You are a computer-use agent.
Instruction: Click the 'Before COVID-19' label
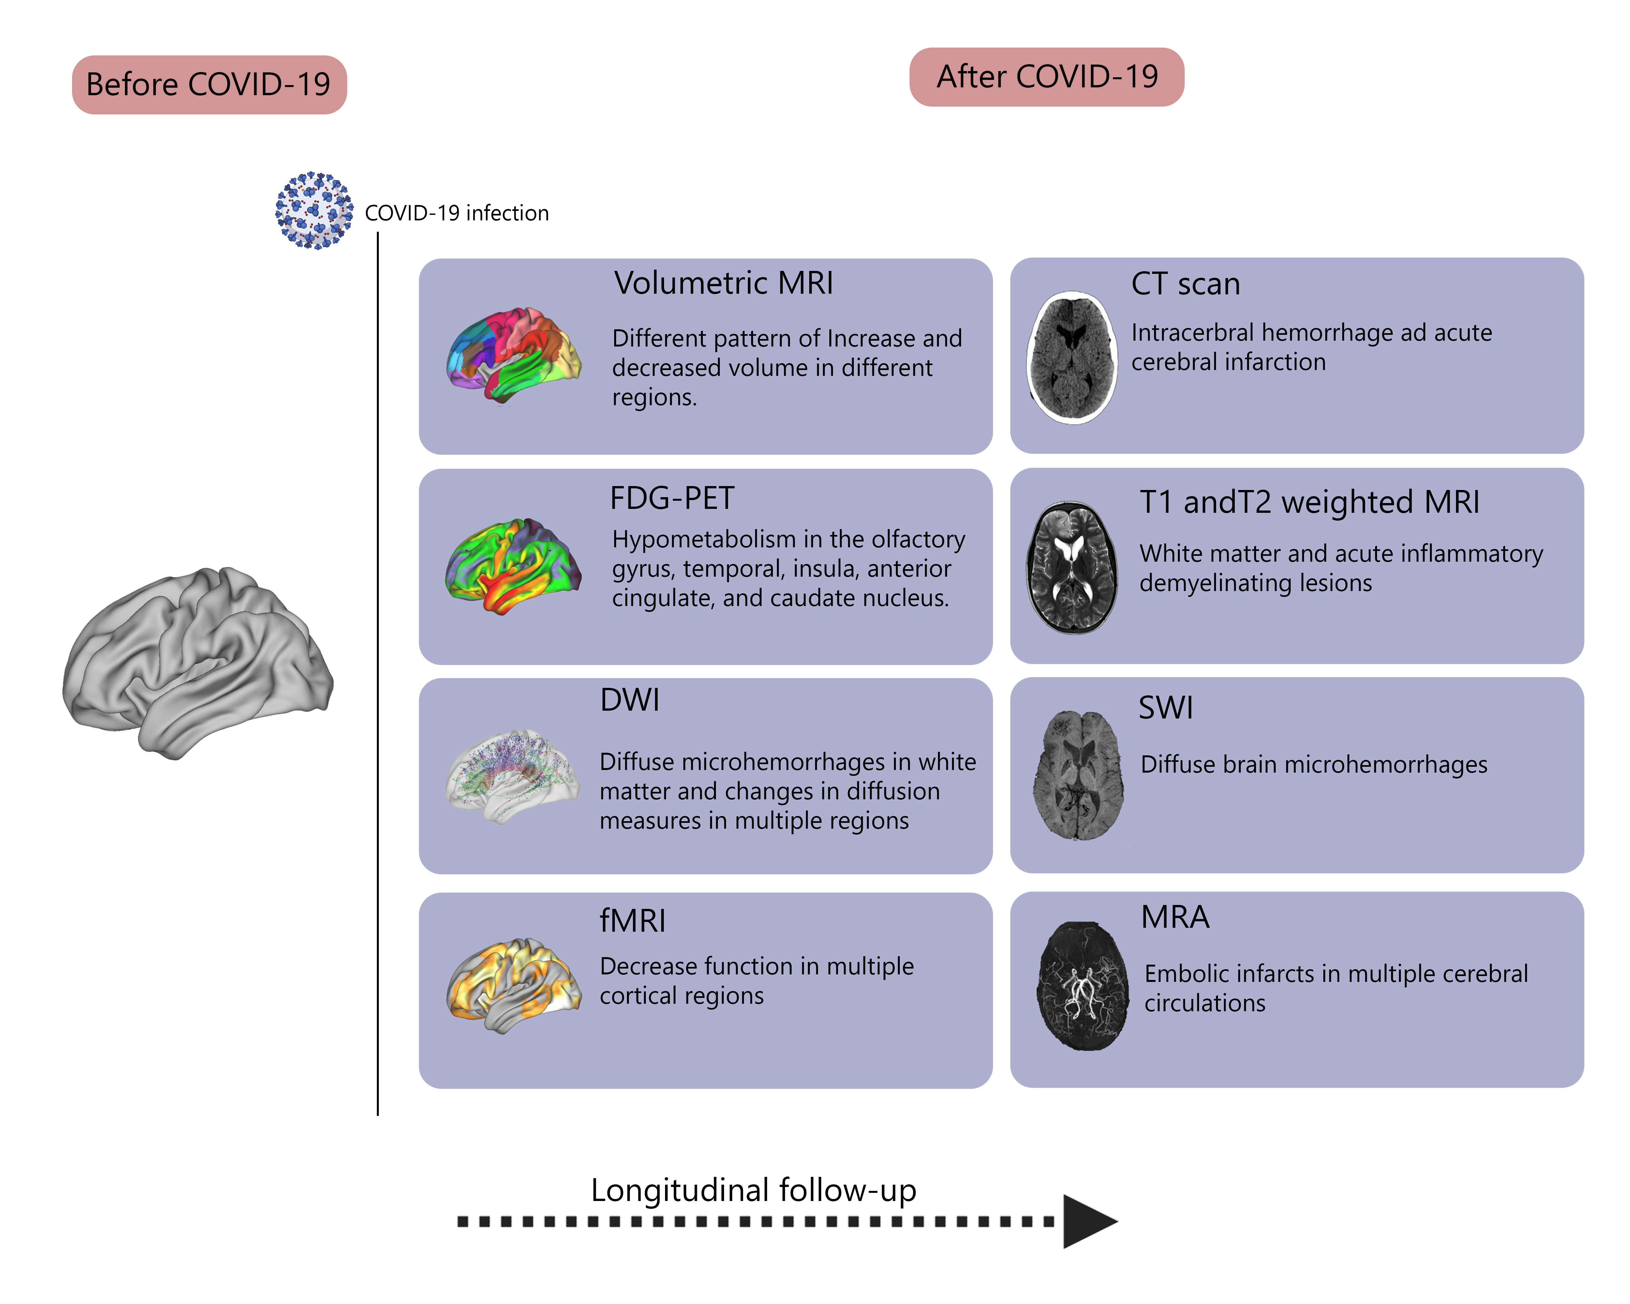(209, 85)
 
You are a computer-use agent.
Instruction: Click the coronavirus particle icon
(314, 210)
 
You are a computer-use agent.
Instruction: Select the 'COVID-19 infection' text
(457, 213)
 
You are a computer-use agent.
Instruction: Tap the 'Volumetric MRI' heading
(723, 284)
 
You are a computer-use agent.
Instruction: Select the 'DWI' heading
(630, 700)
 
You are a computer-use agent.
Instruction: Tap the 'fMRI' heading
(633, 921)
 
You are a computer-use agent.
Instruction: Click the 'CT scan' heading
(1185, 284)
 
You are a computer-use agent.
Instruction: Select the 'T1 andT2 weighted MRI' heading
(1310, 502)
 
